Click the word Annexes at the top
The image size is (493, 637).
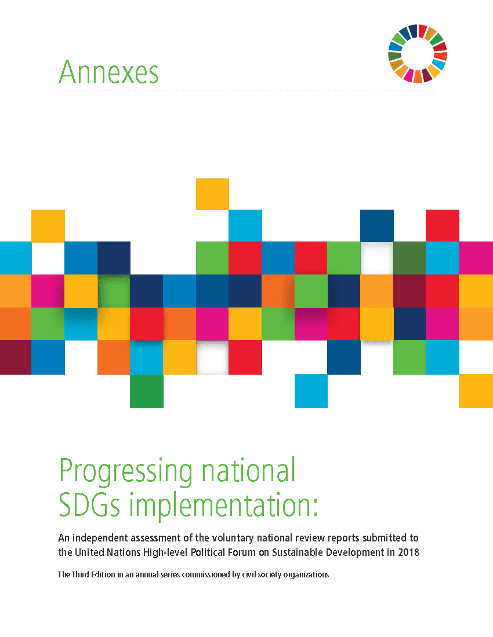(108, 72)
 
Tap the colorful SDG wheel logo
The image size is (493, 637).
(418, 54)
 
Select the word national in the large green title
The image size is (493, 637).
(249, 470)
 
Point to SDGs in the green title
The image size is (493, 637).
(89, 504)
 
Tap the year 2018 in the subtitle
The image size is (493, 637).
(409, 552)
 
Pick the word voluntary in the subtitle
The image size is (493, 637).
(233, 539)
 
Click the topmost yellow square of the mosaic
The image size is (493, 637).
(212, 194)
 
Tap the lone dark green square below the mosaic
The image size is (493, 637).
(146, 391)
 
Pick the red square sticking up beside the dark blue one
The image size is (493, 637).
(443, 225)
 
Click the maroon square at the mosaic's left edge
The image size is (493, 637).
(16, 357)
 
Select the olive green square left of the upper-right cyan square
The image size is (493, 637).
(409, 258)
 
